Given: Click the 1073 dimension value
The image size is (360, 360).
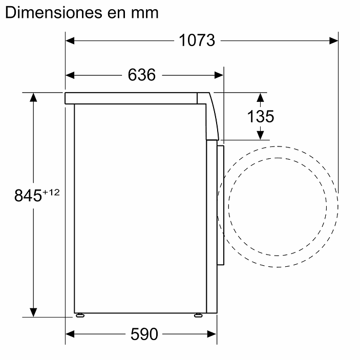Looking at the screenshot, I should click(197, 40).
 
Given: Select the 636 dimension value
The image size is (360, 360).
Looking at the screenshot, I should click(141, 75).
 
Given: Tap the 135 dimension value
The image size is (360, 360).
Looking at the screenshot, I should click(261, 116).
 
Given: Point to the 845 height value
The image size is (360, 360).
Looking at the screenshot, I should click(27, 195).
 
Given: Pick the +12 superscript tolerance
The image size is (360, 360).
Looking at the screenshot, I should click(51, 192).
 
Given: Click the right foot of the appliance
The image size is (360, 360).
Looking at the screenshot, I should click(198, 315).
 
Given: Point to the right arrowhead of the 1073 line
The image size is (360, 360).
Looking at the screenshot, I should click(334, 40).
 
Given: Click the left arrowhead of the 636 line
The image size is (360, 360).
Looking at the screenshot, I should click(71, 75).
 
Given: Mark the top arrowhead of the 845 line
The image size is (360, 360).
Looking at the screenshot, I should click(34, 97).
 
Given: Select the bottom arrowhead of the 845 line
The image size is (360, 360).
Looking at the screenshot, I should click(34, 312).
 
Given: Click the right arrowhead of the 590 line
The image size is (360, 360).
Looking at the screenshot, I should click(213, 334).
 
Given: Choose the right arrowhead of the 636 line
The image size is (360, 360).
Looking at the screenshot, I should click(219, 75).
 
